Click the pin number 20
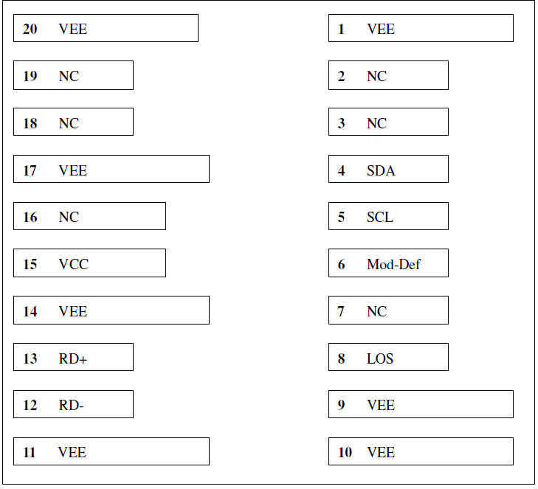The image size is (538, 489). click(30, 29)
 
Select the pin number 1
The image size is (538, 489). click(341, 29)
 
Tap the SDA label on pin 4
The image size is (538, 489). click(381, 170)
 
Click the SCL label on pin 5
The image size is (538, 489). click(380, 217)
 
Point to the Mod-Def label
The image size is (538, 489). click(393, 264)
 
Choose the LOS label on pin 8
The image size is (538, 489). click(380, 358)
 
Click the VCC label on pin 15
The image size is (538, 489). click(73, 264)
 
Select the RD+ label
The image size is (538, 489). click(73, 358)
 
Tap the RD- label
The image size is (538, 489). click(71, 406)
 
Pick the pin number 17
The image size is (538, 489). click(30, 170)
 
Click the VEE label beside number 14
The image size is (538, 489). click(73, 311)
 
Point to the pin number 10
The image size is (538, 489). click(345, 452)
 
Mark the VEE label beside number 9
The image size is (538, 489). click(381, 406)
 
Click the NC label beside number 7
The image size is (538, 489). click(376, 311)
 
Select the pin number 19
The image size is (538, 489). click(30, 76)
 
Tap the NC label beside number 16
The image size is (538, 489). click(69, 217)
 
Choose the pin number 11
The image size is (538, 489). click(30, 452)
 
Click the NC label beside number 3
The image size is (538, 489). click(376, 123)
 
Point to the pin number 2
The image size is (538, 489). click(341, 76)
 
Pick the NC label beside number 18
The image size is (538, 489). click(69, 123)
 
